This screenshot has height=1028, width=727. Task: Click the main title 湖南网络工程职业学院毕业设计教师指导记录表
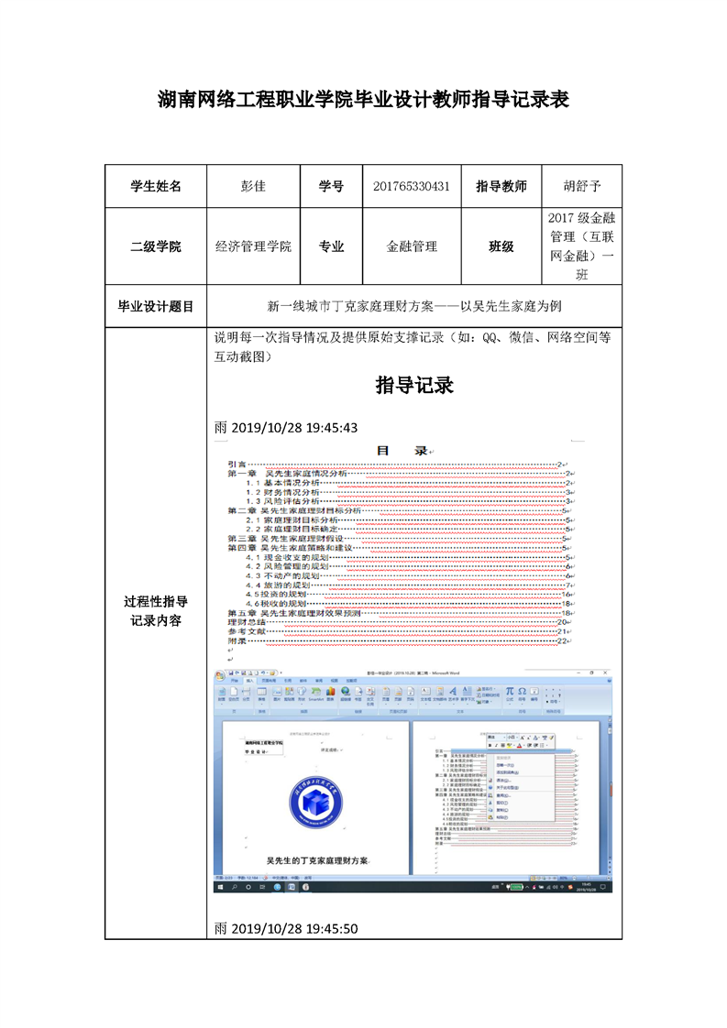[363, 99]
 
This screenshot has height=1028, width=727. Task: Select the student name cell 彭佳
[252, 186]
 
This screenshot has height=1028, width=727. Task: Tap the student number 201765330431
[412, 186]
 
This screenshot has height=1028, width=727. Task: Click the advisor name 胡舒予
[581, 186]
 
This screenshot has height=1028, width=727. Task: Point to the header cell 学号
[331, 186]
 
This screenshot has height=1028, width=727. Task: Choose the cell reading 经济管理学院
[253, 246]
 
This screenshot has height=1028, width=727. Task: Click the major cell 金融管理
[412, 246]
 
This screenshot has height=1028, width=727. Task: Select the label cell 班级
[501, 246]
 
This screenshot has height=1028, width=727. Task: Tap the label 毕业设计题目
[156, 306]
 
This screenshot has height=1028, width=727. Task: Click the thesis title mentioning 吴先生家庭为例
[414, 306]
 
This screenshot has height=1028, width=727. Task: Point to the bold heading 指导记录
[414, 386]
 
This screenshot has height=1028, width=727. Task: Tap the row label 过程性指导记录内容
[156, 611]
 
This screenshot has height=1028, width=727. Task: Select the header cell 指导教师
[501, 186]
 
